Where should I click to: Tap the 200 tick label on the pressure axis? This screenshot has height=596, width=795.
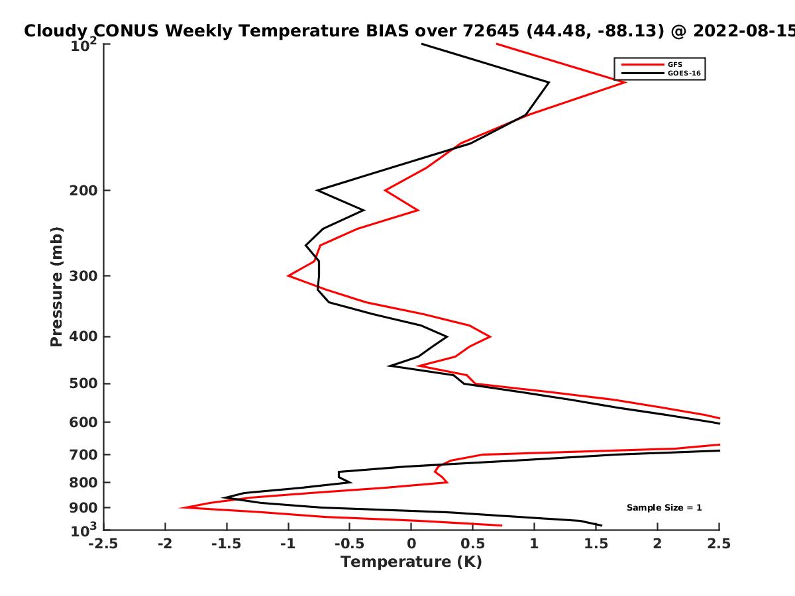click(x=83, y=190)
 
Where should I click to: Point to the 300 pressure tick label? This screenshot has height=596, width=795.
click(x=83, y=275)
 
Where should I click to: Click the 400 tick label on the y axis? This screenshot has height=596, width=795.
click(x=83, y=336)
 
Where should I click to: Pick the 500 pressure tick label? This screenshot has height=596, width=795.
click(x=83, y=383)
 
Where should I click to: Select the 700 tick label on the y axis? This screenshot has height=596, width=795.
click(x=83, y=454)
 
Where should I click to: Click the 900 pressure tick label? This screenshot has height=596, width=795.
click(x=83, y=508)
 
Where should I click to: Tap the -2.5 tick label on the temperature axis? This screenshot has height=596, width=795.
click(x=103, y=544)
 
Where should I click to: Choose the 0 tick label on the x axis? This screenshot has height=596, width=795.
click(x=411, y=544)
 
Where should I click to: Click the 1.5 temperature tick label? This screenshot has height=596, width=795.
click(x=596, y=544)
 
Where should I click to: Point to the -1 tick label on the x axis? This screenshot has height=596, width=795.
click(x=288, y=544)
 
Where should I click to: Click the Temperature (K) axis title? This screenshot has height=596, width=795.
click(x=411, y=562)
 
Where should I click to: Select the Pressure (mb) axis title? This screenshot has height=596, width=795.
click(x=56, y=287)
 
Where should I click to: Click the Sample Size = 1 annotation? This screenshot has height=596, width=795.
click(x=664, y=507)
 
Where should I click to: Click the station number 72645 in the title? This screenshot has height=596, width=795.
click(x=491, y=31)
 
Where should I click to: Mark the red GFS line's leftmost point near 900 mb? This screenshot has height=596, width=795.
click(x=181, y=507)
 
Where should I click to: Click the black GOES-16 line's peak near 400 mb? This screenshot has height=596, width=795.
click(x=447, y=336)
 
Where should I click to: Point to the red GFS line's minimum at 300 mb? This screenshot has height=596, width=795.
click(x=288, y=275)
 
